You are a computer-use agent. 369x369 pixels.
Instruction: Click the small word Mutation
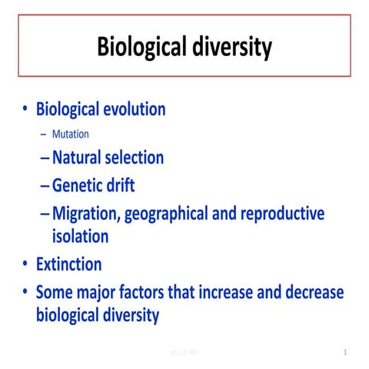71,134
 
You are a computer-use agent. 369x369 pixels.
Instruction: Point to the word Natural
78,158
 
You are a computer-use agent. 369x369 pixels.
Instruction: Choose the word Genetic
79,185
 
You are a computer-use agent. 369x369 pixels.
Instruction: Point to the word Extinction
69,264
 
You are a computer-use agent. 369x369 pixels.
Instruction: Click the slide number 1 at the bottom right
346,353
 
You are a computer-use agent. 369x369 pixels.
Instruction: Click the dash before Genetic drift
45,185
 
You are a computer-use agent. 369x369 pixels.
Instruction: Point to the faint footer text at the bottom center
185,353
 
